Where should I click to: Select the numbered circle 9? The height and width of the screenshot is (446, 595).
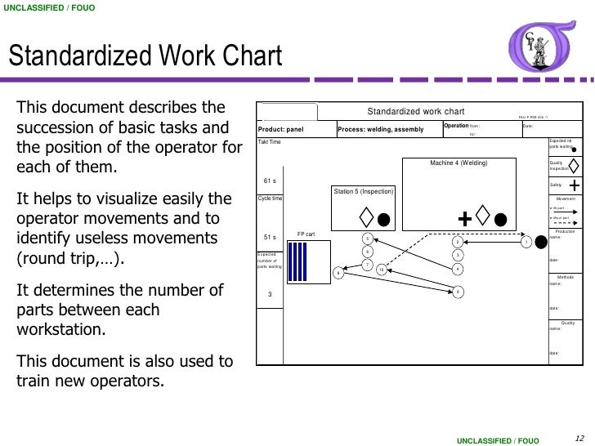point(458,291)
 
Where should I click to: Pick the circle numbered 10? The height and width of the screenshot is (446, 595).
point(381,270)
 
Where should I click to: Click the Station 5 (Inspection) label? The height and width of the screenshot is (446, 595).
point(364,191)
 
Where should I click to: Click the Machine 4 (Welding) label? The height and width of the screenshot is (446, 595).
point(459,163)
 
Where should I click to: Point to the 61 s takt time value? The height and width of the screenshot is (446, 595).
point(270,181)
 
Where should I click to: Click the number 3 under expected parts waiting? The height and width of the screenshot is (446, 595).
point(270,295)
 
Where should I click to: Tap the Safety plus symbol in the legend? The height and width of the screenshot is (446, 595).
point(575,185)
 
